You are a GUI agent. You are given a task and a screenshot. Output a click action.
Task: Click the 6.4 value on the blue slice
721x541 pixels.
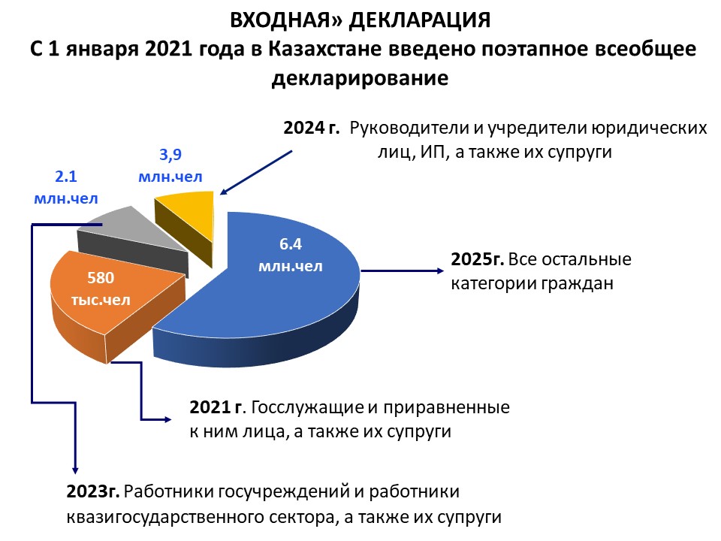291,243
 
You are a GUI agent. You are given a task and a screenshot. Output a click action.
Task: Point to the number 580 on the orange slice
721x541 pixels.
101,278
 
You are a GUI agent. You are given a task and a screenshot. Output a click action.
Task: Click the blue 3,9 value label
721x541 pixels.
170,155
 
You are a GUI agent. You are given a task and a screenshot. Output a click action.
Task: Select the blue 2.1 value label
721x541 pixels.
66,177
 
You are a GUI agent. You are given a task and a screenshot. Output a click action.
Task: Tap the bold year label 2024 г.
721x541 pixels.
311,128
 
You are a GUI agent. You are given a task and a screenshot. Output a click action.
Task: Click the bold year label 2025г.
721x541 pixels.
478,259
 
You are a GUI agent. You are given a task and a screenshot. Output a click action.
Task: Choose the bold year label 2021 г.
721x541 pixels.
216,407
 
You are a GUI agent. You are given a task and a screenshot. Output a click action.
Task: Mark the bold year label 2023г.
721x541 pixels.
93,491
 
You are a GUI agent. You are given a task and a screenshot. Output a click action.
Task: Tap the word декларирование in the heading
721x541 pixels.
360,78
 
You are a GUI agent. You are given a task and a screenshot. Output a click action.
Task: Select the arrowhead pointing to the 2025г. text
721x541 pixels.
440,271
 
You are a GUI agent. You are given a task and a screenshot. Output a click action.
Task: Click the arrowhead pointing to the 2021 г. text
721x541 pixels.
167,419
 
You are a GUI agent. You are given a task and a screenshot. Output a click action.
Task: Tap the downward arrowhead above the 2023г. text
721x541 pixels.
75,470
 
